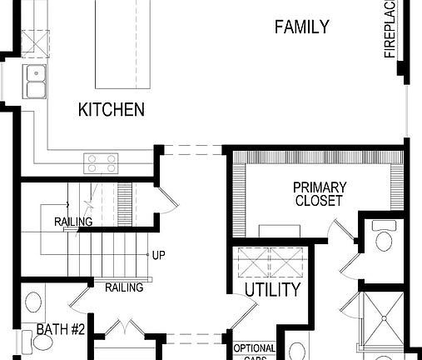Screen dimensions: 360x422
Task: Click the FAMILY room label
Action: coord(301,27)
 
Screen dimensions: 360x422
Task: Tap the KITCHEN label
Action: coord(112,109)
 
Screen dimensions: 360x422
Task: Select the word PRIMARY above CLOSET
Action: coord(318,188)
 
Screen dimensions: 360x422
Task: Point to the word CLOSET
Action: coord(318,201)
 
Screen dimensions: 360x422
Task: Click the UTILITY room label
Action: coord(272,290)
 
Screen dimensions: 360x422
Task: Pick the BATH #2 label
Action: coord(61,330)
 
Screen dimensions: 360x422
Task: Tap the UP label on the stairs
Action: coord(159,254)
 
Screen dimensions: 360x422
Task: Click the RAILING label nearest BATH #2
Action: coord(124,287)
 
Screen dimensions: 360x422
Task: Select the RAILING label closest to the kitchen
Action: coord(73,222)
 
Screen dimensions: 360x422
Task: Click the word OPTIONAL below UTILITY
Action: coord(254,348)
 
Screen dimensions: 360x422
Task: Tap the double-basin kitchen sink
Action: coord(36,80)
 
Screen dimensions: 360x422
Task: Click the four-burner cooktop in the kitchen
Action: coord(102,162)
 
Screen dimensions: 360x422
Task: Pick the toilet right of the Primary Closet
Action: coord(384,240)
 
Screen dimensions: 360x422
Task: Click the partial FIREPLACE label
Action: coord(391,29)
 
